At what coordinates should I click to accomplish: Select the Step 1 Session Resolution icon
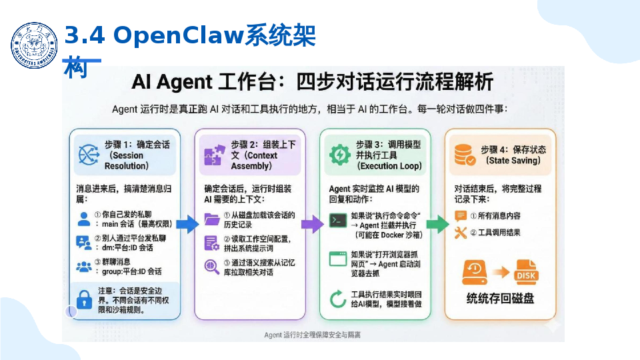click(x=89, y=155)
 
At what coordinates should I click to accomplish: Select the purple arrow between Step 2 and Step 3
click(x=311, y=224)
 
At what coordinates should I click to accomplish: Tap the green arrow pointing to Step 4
click(x=437, y=224)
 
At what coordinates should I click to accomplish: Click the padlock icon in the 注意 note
click(x=84, y=299)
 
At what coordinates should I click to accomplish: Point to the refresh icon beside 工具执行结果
click(x=338, y=299)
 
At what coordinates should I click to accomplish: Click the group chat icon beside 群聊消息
click(x=84, y=266)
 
